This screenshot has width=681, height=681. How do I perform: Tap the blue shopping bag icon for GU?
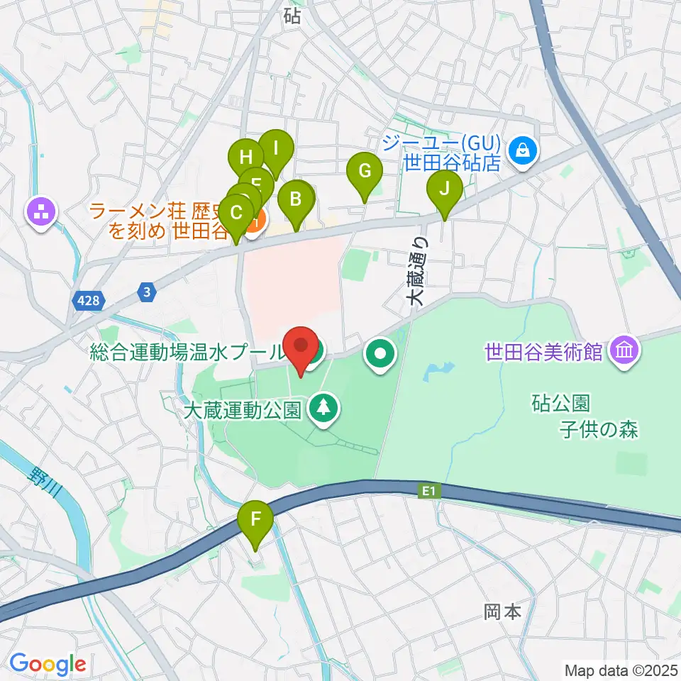pyautogui.click(x=522, y=150)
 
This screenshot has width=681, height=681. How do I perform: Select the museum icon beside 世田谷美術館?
pyautogui.click(x=624, y=350)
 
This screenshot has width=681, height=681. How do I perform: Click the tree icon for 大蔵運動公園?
pyautogui.click(x=324, y=408)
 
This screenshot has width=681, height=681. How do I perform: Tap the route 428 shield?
pyautogui.click(x=89, y=301)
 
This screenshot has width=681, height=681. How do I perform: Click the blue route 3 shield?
pyautogui.click(x=146, y=292)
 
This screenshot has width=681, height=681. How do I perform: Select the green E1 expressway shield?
pyautogui.click(x=426, y=489)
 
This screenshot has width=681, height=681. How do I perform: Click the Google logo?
pyautogui.click(x=48, y=663)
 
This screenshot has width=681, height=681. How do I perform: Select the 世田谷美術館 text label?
pyautogui.click(x=543, y=350)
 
